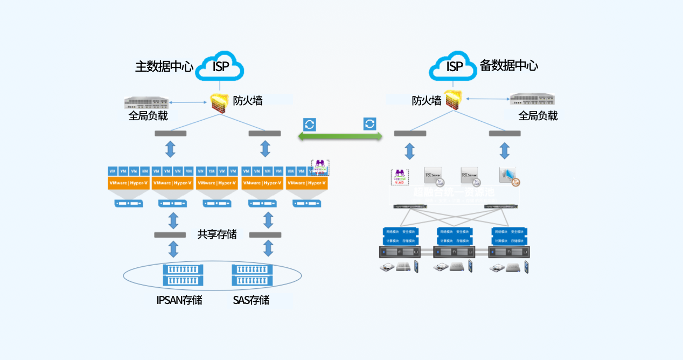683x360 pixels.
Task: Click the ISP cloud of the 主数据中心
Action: click(219, 66)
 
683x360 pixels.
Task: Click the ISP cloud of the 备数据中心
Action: click(454, 66)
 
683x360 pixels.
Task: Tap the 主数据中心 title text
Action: click(164, 67)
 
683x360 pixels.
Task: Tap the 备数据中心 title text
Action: click(508, 66)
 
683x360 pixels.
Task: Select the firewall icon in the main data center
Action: click(219, 101)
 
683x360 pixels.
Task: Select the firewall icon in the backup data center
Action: click(454, 100)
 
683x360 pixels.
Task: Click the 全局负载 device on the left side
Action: click(146, 102)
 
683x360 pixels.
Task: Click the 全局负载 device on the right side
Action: click(532, 99)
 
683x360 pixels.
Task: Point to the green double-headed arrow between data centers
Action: click(340, 137)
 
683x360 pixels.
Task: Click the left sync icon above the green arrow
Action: click(310, 124)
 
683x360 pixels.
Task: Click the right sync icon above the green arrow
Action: click(370, 124)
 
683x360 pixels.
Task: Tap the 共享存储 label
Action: click(217, 234)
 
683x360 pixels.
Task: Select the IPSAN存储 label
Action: click(179, 300)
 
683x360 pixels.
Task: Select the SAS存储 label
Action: click(251, 300)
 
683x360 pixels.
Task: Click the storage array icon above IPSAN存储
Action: click(183, 275)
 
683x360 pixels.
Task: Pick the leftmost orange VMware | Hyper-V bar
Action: click(129, 183)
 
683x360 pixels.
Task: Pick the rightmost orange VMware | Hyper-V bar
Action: click(308, 183)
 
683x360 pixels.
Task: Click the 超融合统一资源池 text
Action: click(454, 192)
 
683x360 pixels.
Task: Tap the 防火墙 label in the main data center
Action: click(248, 100)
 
